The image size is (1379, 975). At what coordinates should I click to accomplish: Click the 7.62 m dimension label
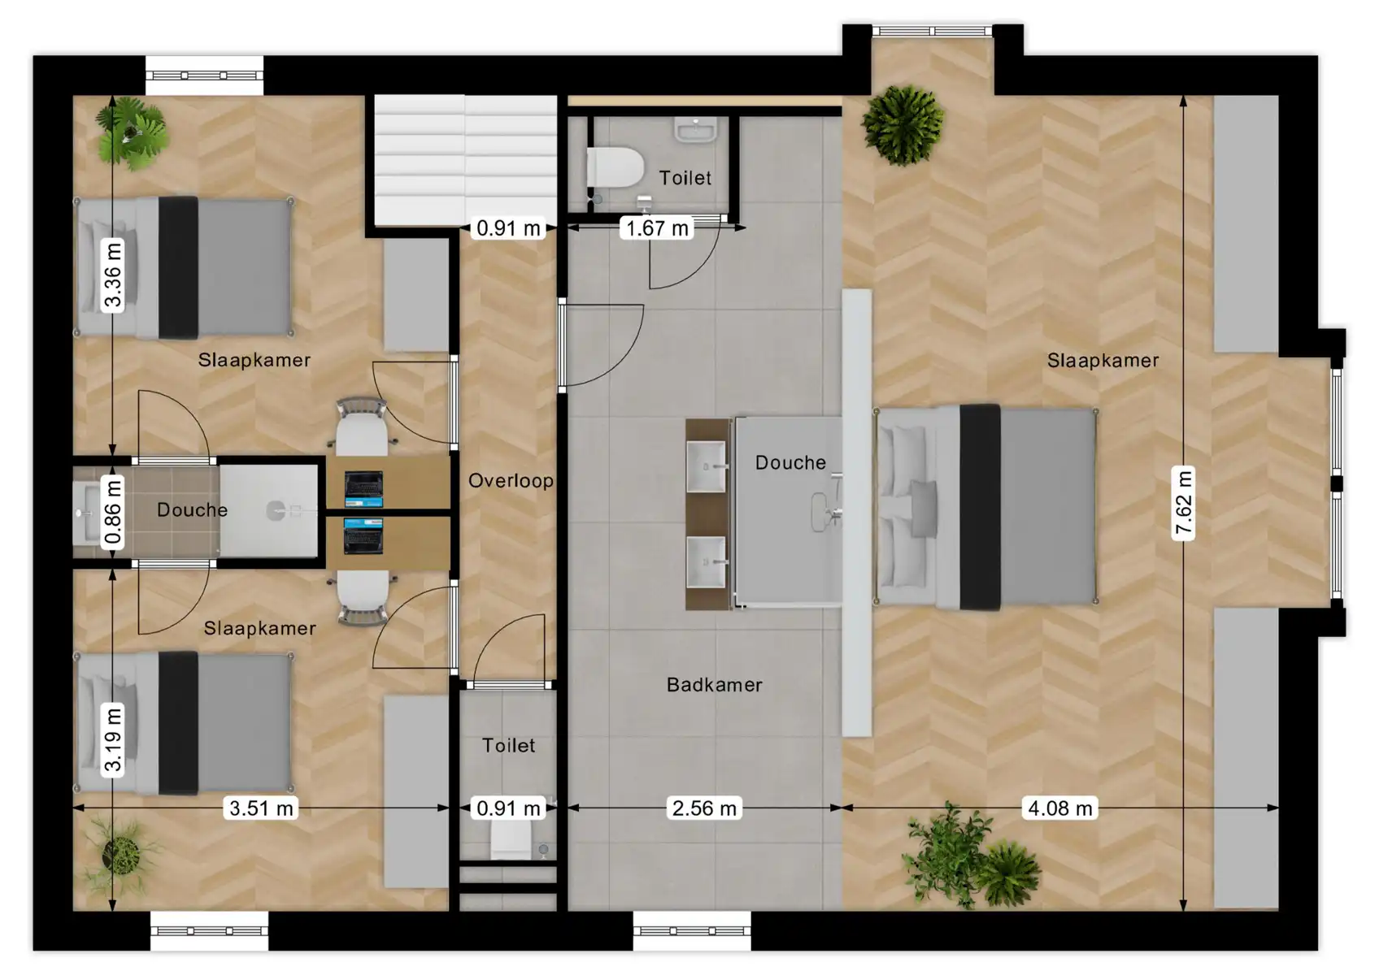pos(1183,504)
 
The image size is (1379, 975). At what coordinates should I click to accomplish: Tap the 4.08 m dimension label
pos(1059,808)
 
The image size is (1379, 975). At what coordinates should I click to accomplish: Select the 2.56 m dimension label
pos(704,808)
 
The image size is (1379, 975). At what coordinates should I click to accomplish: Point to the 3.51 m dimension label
pos(261,808)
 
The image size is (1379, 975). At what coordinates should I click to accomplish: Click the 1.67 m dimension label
pos(657,228)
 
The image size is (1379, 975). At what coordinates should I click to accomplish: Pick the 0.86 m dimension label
pos(113,512)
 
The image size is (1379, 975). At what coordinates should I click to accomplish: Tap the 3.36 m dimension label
pos(113,275)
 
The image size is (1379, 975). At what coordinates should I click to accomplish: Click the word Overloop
pos(511,481)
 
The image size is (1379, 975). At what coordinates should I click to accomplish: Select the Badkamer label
pos(714,685)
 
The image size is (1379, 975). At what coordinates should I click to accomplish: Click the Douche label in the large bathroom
pos(790,463)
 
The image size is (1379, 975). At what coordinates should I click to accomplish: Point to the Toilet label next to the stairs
pos(685,178)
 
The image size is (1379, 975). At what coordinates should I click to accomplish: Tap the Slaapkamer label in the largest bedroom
pos(1103,361)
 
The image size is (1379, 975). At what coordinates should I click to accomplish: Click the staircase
pos(465,159)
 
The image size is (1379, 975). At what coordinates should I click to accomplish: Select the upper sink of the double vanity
pos(706,466)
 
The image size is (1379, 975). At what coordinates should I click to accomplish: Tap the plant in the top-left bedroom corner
pos(130,132)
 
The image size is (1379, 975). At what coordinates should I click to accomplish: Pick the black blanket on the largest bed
pos(980,506)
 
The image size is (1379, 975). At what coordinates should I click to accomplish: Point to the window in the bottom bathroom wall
pos(692,931)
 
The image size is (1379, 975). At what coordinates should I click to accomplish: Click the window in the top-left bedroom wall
pos(204,76)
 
